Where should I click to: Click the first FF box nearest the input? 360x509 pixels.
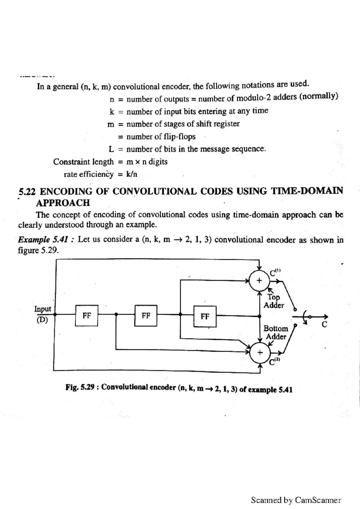87,315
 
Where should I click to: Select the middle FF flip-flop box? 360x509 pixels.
146,315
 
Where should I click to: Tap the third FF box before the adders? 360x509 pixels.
205,316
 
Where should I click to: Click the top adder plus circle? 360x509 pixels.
259,281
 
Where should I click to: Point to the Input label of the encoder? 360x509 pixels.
43,309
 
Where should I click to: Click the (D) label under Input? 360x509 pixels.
42,320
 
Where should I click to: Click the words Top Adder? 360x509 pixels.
274,301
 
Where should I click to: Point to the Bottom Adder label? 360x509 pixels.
276,332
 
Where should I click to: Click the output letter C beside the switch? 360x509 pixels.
324,324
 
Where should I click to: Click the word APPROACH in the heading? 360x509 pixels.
63,203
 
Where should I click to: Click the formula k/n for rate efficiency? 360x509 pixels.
132,174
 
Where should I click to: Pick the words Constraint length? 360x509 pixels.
83,162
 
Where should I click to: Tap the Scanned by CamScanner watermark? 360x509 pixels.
296,500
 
